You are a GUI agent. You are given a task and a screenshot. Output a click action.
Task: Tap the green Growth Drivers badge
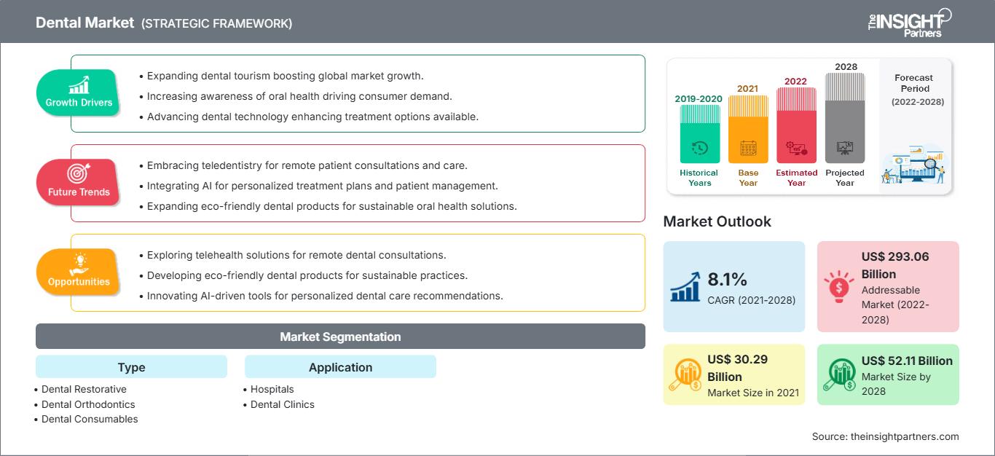79,93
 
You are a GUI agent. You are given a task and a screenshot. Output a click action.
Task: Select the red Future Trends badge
79,182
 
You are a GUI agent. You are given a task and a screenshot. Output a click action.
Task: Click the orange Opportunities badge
79,272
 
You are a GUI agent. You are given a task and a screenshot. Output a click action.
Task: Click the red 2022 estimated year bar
796,125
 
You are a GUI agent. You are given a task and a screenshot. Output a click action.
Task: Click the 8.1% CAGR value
728,280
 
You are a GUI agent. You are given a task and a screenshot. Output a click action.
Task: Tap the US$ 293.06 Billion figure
895,265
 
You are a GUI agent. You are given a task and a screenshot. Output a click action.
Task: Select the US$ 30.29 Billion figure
737,368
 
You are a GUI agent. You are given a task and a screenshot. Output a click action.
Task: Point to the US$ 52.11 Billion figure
907,361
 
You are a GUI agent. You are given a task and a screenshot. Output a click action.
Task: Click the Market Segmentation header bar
340,337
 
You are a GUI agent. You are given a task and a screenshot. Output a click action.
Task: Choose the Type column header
131,367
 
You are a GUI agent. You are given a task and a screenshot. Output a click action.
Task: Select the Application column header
340,367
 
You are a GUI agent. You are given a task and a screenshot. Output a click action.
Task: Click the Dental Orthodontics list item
88,404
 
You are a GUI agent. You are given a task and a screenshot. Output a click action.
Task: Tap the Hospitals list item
272,389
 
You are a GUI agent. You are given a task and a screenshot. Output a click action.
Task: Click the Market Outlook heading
717,221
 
